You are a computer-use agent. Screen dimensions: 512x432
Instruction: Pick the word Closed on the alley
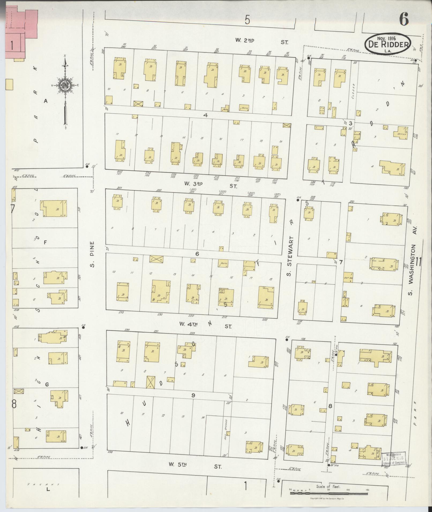(354, 91)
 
